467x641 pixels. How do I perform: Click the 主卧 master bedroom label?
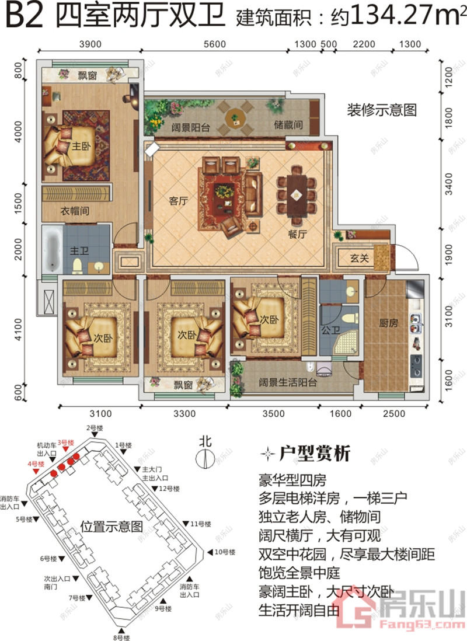click(79, 147)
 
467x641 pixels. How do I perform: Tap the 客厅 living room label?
click(178, 201)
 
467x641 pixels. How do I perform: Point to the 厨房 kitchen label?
click(388, 323)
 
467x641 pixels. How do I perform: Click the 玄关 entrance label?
click(360, 257)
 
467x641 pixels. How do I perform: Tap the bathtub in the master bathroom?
click(51, 250)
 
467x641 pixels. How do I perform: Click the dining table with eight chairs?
click(297, 193)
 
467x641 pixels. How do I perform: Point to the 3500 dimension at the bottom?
click(273, 414)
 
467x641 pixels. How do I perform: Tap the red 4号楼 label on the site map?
click(37, 464)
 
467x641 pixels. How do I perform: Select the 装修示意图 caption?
click(382, 110)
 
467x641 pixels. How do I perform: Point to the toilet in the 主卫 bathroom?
click(77, 266)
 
